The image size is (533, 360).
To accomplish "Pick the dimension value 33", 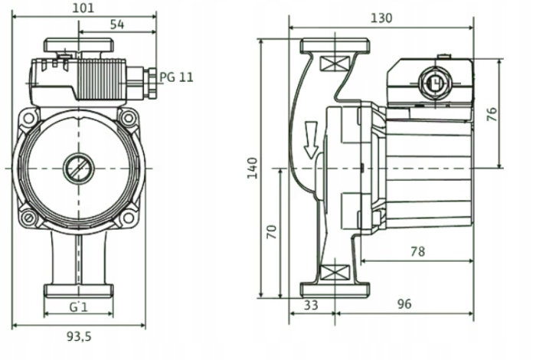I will [312, 305].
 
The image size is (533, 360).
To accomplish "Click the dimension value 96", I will [404, 305].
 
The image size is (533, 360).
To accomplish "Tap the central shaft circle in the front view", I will [78, 167].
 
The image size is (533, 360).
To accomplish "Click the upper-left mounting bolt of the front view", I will [29, 118].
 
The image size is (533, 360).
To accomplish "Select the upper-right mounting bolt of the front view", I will [128, 118].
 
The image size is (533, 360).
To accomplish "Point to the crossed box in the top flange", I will [332, 63].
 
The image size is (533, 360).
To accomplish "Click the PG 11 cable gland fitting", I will [145, 77].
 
